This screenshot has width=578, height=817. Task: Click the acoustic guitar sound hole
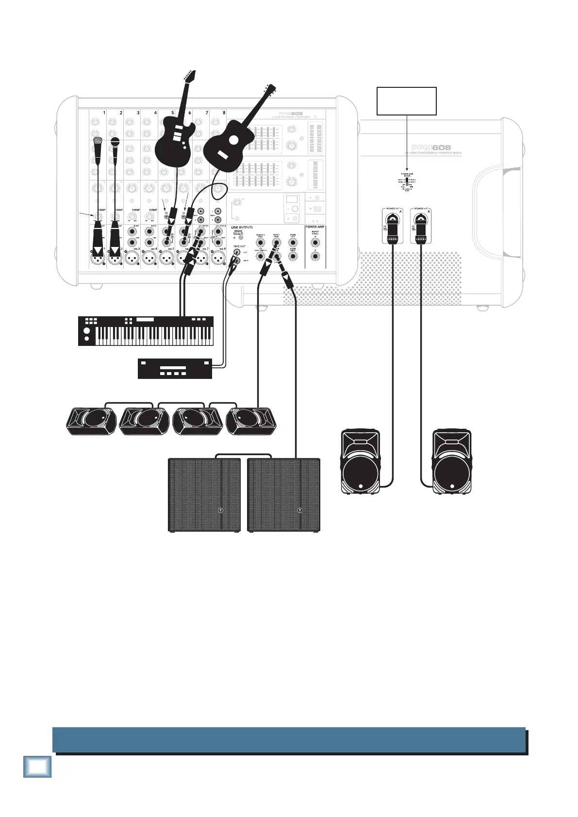(x=234, y=140)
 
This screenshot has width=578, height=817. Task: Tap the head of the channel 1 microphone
(x=98, y=142)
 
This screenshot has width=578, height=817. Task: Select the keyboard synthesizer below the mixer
(x=146, y=331)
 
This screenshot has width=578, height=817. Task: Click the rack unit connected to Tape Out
(x=175, y=368)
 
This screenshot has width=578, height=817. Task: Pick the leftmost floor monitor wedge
(x=91, y=421)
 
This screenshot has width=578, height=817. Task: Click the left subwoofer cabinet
(x=204, y=495)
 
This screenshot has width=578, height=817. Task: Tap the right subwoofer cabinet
(x=283, y=495)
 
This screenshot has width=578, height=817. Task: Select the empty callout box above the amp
(x=407, y=101)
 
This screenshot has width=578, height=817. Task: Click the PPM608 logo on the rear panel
(x=431, y=147)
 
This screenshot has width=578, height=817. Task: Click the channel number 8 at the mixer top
(x=224, y=113)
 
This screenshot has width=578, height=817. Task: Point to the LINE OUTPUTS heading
(x=242, y=227)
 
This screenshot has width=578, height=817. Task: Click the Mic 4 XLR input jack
(x=149, y=259)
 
